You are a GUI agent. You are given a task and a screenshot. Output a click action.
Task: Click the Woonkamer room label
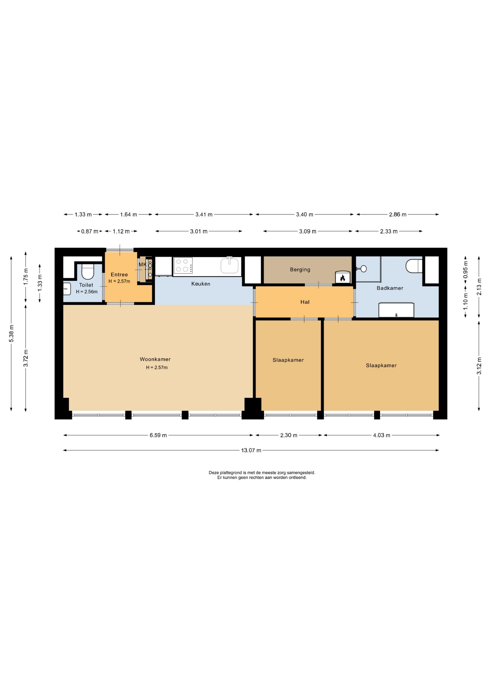tap(155, 359)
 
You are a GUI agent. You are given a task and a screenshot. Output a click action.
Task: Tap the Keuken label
tap(201, 284)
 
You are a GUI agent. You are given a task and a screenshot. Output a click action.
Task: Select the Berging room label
tap(300, 270)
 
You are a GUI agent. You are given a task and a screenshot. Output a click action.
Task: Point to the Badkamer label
tap(390, 288)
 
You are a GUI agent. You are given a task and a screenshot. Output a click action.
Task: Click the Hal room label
tap(305, 302)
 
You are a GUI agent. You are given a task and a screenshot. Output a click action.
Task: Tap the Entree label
tap(119, 275)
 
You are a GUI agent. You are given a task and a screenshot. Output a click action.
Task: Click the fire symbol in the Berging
tap(342, 278)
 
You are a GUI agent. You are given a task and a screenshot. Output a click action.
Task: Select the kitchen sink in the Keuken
tap(229, 266)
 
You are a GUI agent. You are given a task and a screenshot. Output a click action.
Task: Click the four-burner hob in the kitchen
tap(183, 266)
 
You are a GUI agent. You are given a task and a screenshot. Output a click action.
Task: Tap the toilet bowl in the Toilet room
tap(88, 271)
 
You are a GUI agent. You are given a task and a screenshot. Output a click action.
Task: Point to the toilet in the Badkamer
tap(414, 266)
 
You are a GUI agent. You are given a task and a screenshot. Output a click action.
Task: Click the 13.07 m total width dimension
tap(251, 450)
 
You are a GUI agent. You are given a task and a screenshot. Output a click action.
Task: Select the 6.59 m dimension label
tap(158, 435)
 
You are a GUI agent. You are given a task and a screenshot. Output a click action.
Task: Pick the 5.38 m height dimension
tap(12, 333)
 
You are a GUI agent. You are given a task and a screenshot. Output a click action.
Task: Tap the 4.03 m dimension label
tap(382, 435)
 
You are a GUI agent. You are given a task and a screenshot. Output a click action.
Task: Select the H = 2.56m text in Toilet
tap(87, 292)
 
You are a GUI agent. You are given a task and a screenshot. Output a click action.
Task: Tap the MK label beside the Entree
tap(143, 265)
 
